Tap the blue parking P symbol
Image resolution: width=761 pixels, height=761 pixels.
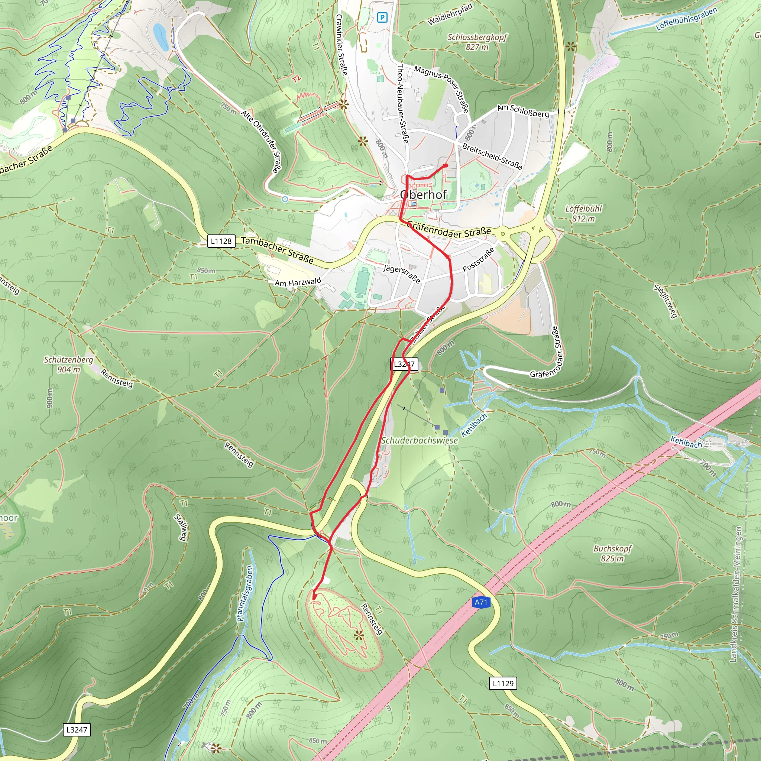click(382, 17)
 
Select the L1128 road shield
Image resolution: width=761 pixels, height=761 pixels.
click(221, 241)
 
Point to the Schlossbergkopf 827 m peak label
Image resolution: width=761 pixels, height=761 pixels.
click(477, 42)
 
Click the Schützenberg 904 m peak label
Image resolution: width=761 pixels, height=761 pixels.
click(68, 365)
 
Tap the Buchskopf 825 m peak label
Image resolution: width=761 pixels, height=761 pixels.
click(612, 553)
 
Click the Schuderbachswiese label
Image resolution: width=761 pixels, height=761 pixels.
click(420, 440)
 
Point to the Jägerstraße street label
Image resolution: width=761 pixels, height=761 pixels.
click(402, 274)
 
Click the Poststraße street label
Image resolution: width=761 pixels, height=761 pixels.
click(478, 260)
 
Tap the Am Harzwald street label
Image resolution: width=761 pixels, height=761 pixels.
click(298, 282)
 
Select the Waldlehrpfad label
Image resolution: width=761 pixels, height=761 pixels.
click(450, 14)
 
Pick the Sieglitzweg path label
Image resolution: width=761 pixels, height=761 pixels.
click(665, 301)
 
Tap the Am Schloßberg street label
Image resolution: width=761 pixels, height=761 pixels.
click(523, 111)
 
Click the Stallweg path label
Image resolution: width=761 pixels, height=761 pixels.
click(182, 527)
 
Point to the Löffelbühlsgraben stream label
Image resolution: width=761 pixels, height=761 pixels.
click(686, 19)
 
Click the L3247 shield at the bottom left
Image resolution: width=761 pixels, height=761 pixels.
click(77, 730)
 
